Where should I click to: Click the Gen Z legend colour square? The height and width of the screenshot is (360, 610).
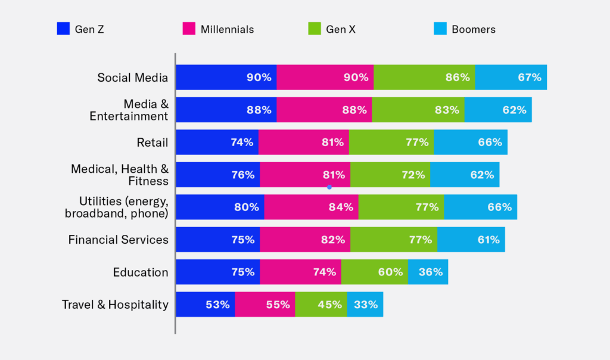63,28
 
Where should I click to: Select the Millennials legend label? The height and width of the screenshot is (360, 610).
227,29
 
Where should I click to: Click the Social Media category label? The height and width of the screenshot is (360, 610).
133,77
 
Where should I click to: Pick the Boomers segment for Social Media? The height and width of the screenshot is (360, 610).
511,77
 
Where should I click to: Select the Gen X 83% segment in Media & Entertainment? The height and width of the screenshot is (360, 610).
418,110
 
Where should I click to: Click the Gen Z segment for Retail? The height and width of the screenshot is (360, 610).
217,142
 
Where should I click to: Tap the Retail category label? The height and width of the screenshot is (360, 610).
152,142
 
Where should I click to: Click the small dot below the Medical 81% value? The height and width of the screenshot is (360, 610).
329,187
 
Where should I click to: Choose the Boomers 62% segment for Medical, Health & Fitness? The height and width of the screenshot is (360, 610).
465,175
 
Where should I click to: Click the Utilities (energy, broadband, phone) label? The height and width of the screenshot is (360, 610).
124,207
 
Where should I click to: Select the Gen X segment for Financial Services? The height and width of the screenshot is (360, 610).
393,240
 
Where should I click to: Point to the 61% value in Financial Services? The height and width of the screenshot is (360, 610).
488,240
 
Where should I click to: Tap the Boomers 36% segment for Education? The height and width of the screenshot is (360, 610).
428,272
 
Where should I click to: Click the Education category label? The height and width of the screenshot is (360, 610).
141,272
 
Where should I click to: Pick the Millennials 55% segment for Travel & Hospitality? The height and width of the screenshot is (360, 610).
265,305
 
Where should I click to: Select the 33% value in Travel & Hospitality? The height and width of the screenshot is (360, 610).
366,305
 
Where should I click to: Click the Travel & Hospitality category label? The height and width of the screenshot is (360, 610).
115,305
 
